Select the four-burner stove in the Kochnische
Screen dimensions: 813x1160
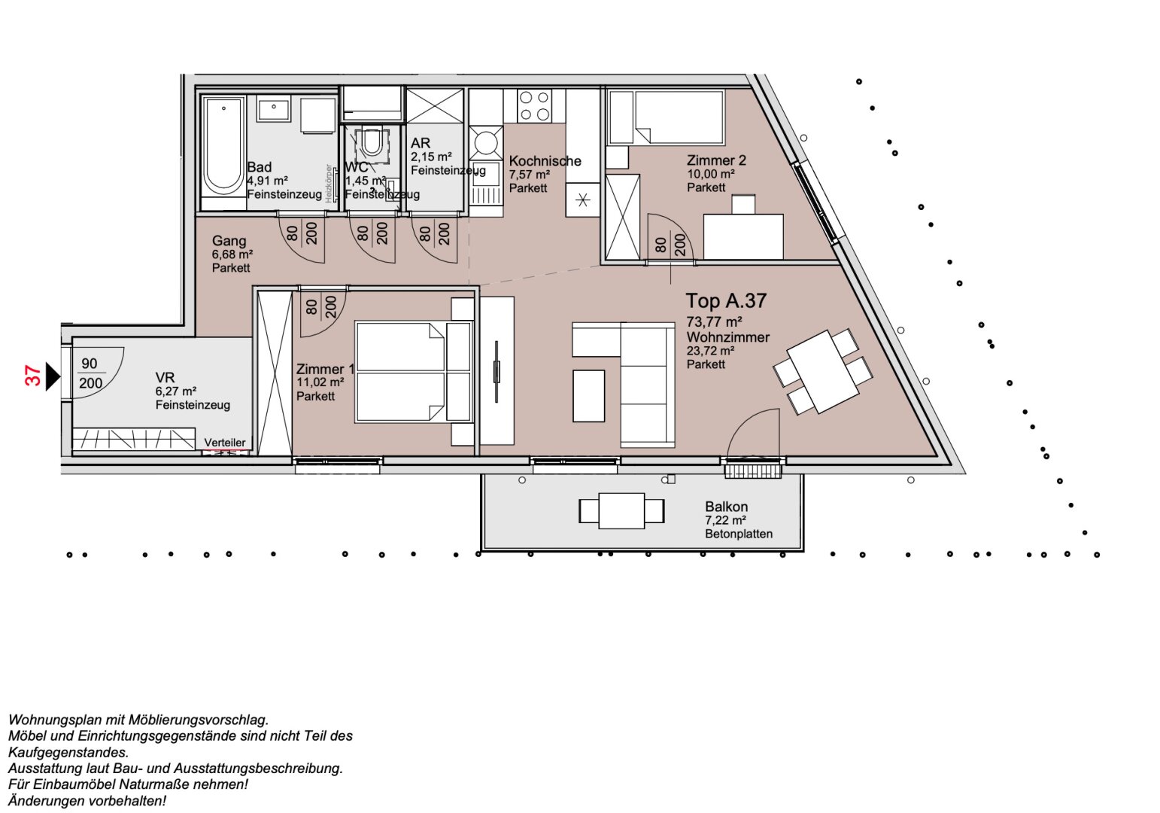point(534,105)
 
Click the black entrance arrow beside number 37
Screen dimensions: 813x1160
point(52,376)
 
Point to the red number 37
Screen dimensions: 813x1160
point(33,376)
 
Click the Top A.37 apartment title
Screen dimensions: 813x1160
point(725,301)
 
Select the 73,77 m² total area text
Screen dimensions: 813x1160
point(715,322)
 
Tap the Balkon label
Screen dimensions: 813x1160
point(726,507)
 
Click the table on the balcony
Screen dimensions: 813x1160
point(621,510)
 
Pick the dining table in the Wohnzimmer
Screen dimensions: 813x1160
point(823,371)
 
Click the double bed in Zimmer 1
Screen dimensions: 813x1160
point(400,372)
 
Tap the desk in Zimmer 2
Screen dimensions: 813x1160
point(742,236)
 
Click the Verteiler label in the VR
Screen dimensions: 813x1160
point(225,443)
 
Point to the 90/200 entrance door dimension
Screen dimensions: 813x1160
point(90,373)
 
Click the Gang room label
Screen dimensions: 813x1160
point(229,241)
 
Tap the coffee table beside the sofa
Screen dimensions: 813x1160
point(588,395)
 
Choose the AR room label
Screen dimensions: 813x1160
point(420,143)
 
